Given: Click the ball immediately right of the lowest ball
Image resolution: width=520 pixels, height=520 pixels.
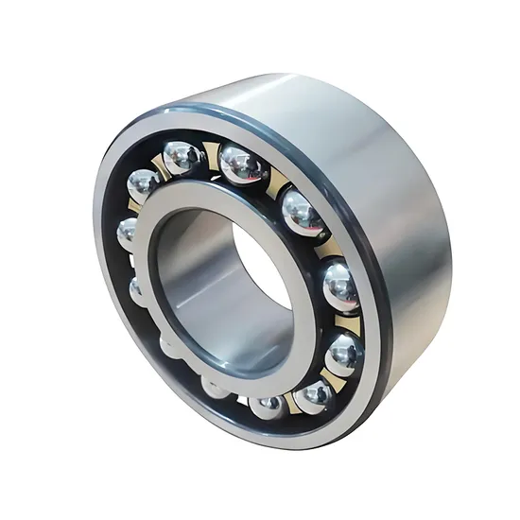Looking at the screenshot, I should click(x=316, y=398).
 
